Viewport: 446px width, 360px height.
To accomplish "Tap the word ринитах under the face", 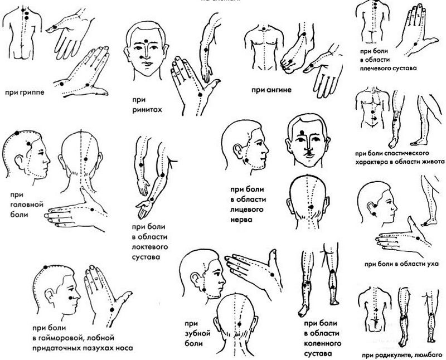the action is [147, 110].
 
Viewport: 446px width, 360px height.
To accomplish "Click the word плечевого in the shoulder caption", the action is [373, 68].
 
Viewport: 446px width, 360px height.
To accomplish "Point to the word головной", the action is [27, 205].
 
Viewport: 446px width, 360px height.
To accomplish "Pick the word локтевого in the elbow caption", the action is [149, 246].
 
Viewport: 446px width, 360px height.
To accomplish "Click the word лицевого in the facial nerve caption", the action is [246, 210].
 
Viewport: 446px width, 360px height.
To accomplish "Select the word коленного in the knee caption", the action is [323, 343].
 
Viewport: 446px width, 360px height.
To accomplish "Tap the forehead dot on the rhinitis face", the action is [146, 41].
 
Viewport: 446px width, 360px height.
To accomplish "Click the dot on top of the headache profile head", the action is [17, 133].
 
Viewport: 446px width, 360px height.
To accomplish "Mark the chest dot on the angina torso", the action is [264, 29].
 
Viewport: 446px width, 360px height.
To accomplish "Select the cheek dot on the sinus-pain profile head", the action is [70, 298].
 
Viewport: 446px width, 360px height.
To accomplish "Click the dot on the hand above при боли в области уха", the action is [418, 239].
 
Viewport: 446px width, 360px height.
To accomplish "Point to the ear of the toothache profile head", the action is [196, 279].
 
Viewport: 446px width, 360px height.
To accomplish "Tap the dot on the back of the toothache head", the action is [239, 324].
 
